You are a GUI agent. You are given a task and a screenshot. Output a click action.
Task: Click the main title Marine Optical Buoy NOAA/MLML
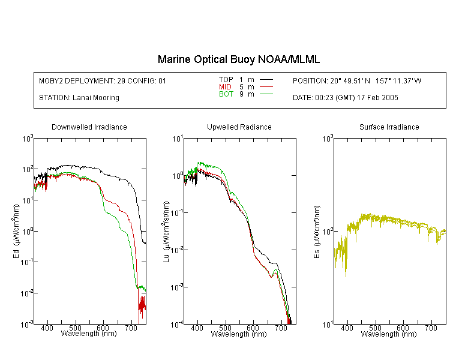tap(239, 59)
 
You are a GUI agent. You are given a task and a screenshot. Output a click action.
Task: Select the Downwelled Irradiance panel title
tap(89, 127)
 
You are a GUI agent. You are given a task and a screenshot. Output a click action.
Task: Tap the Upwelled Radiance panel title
tap(239, 127)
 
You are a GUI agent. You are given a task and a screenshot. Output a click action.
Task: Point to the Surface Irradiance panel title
tap(389, 127)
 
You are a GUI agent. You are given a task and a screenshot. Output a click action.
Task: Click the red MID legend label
tap(225, 86)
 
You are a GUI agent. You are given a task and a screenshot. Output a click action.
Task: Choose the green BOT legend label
tap(226, 94)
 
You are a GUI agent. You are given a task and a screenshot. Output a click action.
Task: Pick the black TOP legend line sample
tap(266, 80)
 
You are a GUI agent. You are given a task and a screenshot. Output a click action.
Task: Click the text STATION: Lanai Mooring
tap(79, 98)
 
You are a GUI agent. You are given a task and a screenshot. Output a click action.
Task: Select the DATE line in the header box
tap(346, 98)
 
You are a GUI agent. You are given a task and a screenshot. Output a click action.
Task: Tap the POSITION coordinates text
tap(357, 81)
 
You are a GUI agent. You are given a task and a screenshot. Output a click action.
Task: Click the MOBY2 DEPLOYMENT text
tap(103, 81)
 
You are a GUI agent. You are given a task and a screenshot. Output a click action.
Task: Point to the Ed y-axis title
tap(16, 231)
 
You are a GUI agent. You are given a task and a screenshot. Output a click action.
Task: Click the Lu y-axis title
tap(166, 232)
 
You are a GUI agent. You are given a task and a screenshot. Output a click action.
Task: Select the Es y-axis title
tap(317, 232)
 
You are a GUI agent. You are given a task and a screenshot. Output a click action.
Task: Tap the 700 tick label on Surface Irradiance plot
tap(431, 328)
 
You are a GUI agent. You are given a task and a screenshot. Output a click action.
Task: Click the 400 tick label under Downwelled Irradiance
tap(47, 328)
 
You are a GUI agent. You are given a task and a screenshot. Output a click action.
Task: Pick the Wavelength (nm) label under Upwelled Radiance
tap(239, 334)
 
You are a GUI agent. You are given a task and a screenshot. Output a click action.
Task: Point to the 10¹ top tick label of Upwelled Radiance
tap(178, 139)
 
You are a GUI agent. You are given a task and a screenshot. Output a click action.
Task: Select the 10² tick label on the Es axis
tap(328, 232)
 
